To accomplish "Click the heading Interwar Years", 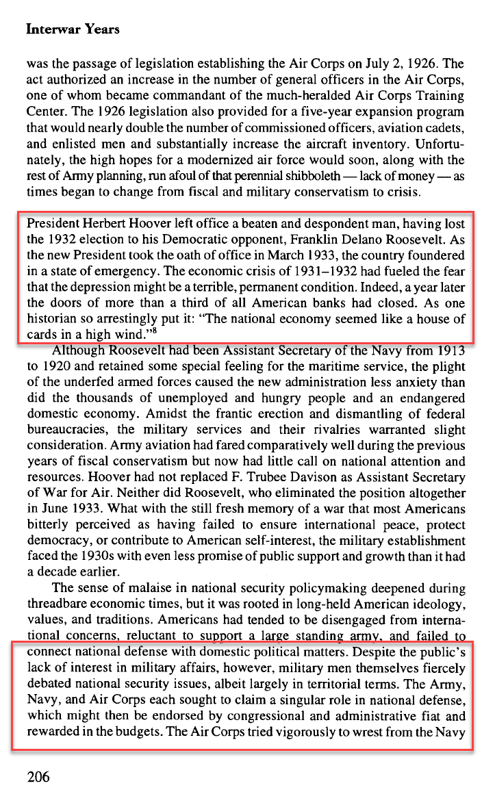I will tap(72, 29).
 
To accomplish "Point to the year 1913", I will tap(448, 351).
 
